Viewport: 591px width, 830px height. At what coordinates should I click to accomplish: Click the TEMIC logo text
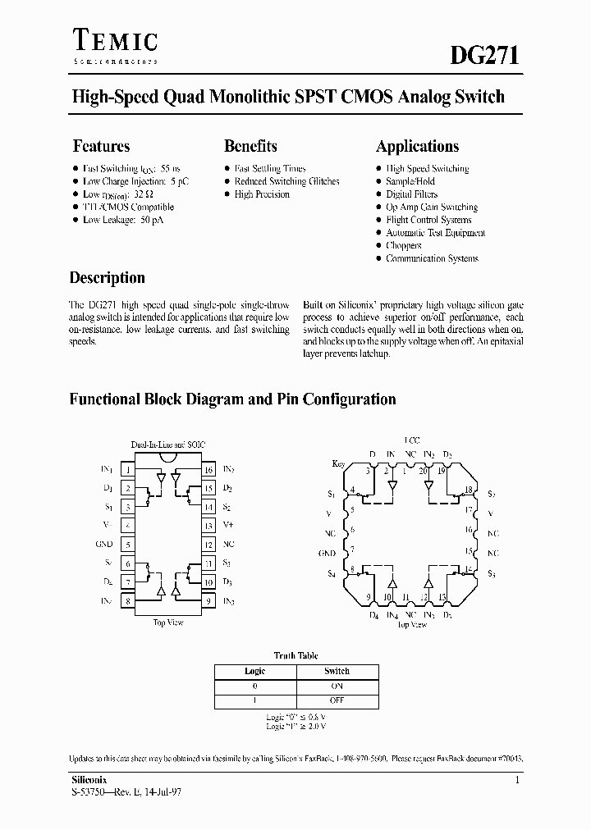pos(115,41)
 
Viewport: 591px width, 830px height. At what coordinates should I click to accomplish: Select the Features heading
pos(101,147)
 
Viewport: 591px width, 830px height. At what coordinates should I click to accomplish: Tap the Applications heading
pos(417,147)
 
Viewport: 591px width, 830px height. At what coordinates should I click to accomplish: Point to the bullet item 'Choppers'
pos(403,245)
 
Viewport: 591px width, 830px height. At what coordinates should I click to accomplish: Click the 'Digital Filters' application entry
pos(411,194)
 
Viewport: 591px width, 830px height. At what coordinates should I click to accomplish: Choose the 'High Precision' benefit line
pos(262,194)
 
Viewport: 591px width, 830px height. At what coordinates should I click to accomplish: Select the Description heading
pos(107,278)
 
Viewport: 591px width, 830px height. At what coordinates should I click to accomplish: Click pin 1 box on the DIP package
pos(128,470)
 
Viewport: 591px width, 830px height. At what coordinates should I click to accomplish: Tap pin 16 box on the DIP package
pos(209,470)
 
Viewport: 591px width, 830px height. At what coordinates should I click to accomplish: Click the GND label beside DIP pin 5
pos(104,545)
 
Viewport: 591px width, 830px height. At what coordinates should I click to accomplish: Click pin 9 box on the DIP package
pos(209,601)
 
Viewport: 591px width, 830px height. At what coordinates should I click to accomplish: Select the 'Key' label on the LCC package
pos(339,463)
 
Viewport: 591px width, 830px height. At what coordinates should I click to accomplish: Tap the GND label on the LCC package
pos(328,554)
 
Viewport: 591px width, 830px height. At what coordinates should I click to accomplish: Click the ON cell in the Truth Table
pos(337,686)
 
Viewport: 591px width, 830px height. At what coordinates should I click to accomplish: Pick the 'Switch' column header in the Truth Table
pos(337,671)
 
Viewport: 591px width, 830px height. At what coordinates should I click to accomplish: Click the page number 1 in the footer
pos(517,782)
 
